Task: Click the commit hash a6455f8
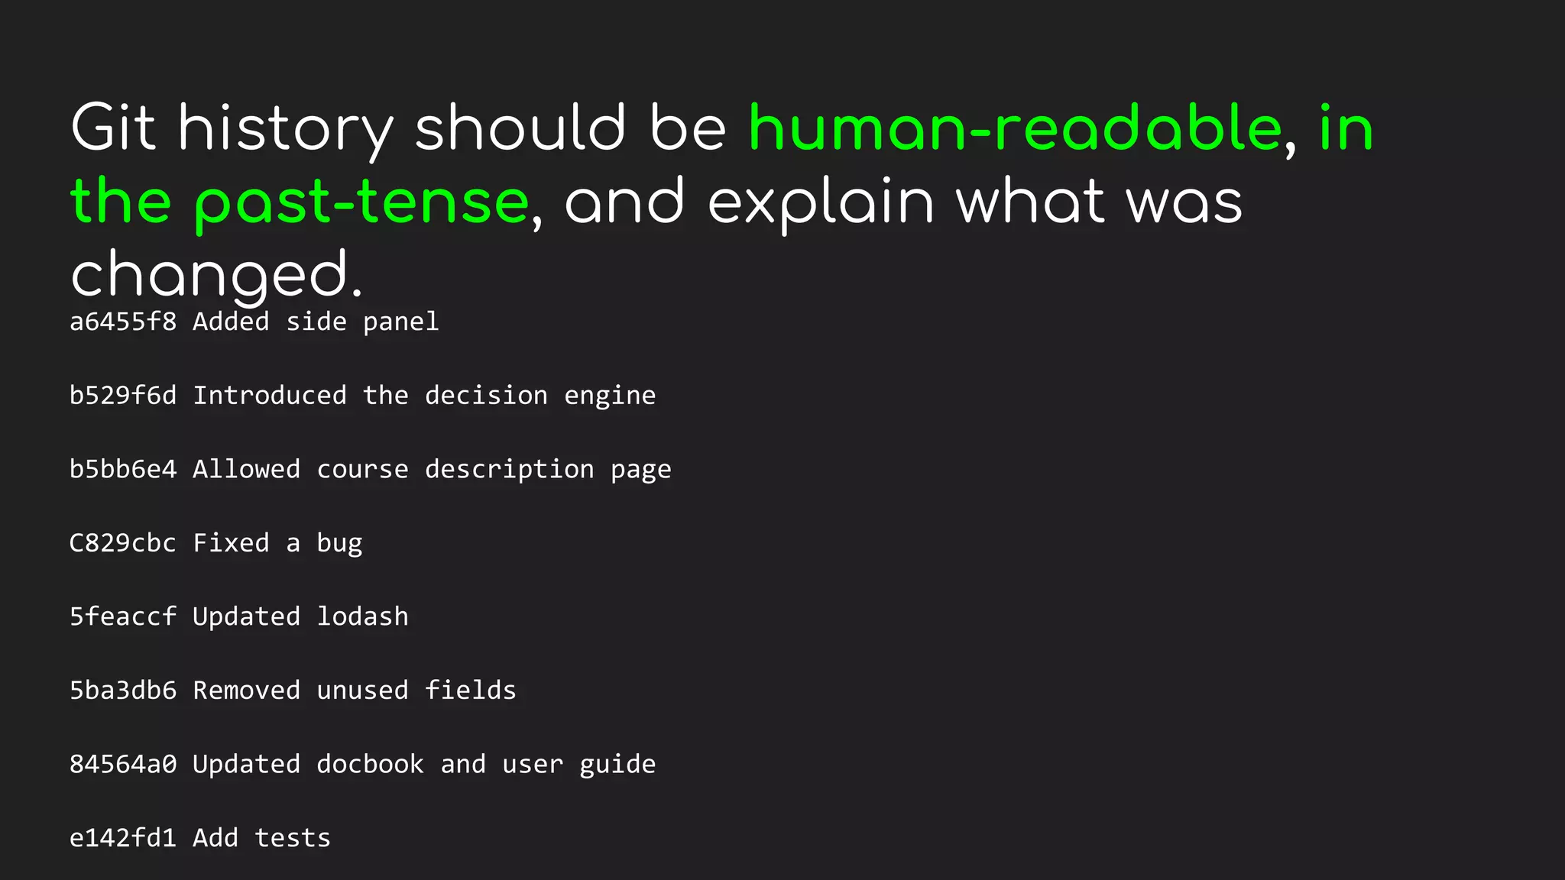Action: click(123, 322)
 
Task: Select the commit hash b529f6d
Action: click(123, 396)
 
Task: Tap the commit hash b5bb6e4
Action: click(123, 469)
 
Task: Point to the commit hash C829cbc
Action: click(123, 543)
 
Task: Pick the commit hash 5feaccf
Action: click(123, 616)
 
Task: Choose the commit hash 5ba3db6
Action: click(123, 691)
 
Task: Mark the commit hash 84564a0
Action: click(123, 764)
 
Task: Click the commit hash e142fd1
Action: click(123, 838)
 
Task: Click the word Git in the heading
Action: click(113, 128)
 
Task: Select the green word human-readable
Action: click(1015, 128)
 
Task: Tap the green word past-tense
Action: click(361, 202)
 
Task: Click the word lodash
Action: click(362, 616)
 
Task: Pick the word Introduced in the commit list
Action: click(269, 396)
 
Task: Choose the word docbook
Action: click(370, 764)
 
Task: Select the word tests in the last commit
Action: click(293, 838)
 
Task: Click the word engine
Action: click(610, 396)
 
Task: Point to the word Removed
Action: click(246, 691)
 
